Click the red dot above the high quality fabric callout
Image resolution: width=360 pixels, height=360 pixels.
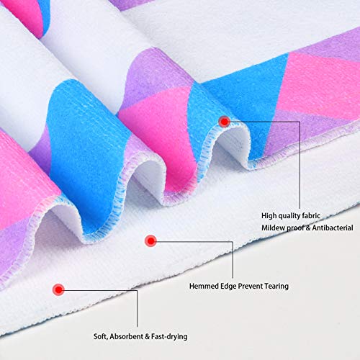225,122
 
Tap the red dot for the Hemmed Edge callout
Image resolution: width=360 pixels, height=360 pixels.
150,240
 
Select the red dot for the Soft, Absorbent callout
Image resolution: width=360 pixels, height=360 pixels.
58,289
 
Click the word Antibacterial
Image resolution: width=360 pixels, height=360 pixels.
333,228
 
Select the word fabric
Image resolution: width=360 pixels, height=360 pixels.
311,215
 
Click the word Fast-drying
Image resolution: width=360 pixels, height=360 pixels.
169,337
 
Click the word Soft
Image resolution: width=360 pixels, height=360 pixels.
101,337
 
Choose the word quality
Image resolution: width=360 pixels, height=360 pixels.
289,216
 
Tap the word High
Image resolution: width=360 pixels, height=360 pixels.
269,216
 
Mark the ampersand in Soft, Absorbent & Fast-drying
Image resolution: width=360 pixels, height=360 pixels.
148,336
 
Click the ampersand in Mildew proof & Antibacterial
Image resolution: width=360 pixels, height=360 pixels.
308,228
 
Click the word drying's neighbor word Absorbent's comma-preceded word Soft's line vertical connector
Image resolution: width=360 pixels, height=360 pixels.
137,308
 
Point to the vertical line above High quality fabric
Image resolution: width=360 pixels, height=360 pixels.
300,165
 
